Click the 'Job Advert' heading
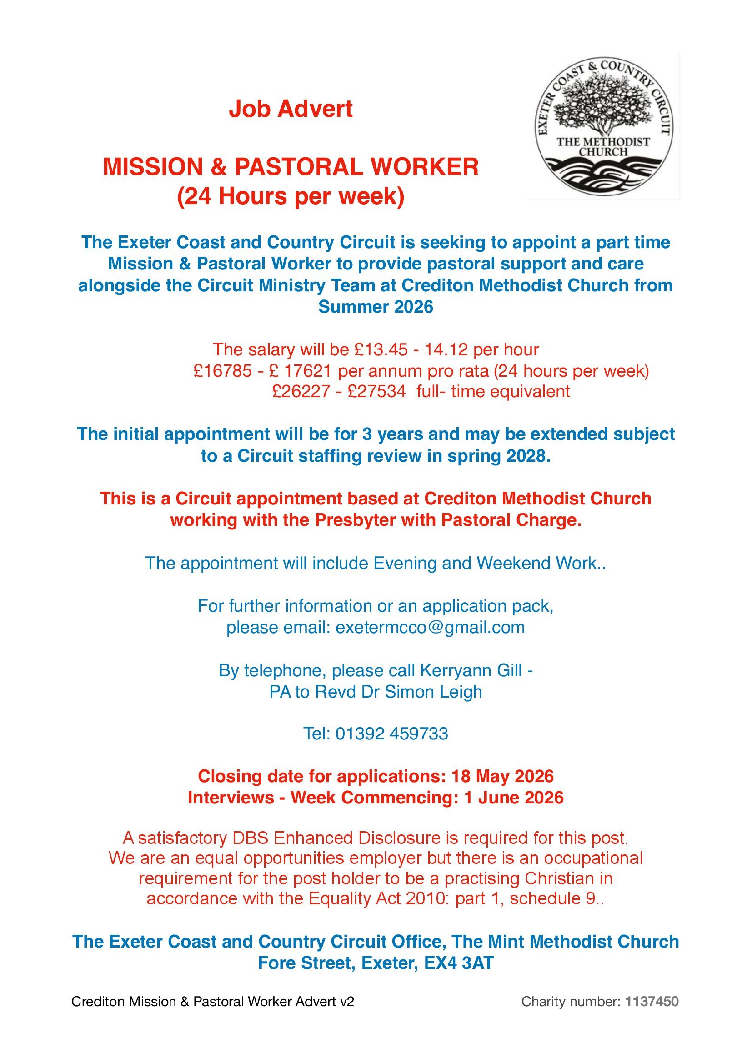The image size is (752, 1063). (291, 109)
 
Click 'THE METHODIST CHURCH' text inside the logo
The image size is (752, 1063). (603, 147)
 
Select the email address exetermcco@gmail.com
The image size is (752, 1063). (430, 627)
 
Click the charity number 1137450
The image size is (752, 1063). (652, 1002)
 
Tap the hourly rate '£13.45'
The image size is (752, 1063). (381, 349)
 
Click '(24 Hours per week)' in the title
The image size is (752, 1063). (291, 196)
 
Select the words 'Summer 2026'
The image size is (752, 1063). (376, 307)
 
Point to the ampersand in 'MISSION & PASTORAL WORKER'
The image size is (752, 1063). (218, 167)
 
